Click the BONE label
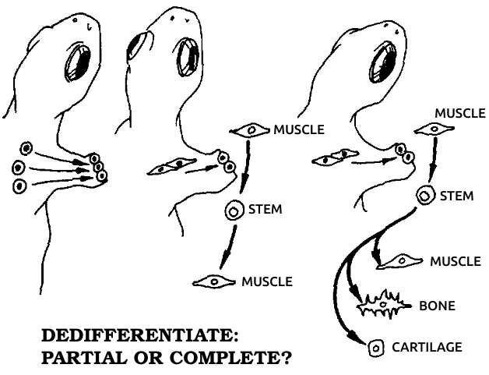pos(436,306)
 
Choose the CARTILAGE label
pos(426,345)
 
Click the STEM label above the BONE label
pos(456,196)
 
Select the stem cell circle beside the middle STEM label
pos(234,210)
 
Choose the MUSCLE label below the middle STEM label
pos(266,280)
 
